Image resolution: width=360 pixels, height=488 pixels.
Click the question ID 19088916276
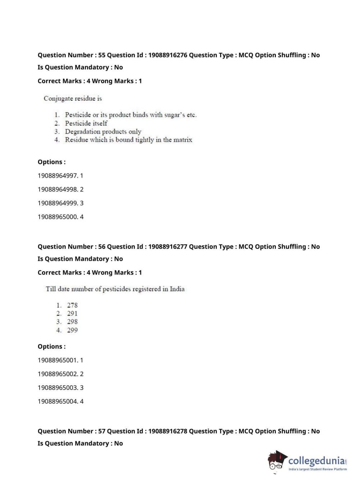[x=168, y=55]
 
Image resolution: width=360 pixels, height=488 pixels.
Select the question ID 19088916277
[x=168, y=247]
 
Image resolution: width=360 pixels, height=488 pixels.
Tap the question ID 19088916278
[x=168, y=431]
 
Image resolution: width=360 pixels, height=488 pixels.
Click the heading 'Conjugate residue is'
[x=73, y=98]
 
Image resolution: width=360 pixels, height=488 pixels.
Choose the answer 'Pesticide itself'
[x=86, y=123]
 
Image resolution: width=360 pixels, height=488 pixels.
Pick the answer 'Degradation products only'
[x=103, y=131]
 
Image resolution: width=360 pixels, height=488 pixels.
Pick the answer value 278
[x=72, y=305]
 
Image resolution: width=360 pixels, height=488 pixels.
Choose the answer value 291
[x=72, y=313]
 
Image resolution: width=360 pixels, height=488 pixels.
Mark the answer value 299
[x=72, y=330]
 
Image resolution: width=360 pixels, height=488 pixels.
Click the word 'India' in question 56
[x=177, y=289]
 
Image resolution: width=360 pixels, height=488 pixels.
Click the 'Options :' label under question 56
[x=51, y=347]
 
